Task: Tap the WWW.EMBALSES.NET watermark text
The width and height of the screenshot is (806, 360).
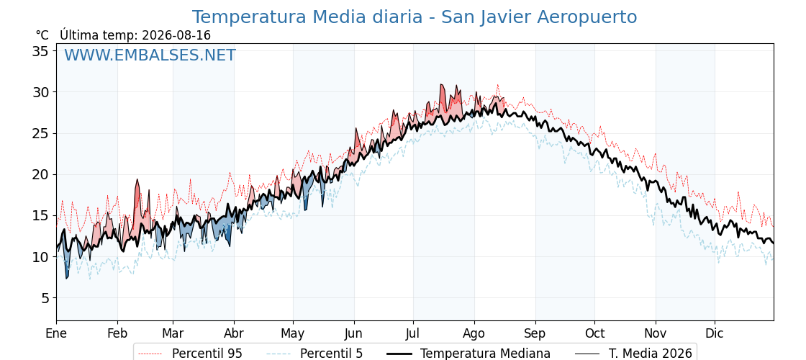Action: click(x=150, y=55)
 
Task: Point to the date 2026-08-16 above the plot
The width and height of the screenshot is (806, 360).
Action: click(x=176, y=35)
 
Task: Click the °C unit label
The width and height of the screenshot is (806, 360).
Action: click(x=42, y=35)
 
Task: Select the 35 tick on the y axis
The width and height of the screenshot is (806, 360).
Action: click(x=41, y=51)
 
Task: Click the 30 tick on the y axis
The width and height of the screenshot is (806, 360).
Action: click(x=41, y=92)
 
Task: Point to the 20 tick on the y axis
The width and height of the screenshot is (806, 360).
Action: click(x=41, y=174)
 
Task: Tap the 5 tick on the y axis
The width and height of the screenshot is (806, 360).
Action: click(x=45, y=298)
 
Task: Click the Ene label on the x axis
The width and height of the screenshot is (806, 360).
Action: click(x=56, y=333)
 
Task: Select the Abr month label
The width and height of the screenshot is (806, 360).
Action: click(x=234, y=333)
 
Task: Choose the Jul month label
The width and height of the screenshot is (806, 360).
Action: click(x=413, y=333)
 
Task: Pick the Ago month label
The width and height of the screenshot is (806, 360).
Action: click(x=474, y=334)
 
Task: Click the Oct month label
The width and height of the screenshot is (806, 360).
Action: click(x=594, y=333)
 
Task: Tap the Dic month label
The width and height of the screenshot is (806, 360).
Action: click(x=715, y=333)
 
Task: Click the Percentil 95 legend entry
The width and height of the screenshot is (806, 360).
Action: click(x=191, y=354)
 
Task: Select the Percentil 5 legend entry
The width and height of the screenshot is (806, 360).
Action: click(x=315, y=354)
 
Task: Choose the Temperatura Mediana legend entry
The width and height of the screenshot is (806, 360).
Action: click(x=467, y=354)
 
